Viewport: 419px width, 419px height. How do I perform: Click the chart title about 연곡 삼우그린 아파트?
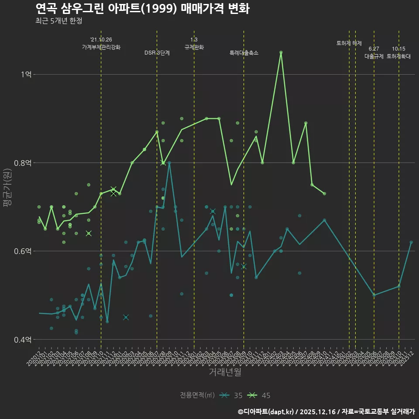142,9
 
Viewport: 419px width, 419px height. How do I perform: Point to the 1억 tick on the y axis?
27,74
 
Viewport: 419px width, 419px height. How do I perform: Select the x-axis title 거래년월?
225,372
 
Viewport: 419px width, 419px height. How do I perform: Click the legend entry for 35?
231,395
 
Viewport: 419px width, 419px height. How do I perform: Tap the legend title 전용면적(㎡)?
197,395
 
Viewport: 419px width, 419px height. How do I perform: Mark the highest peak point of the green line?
281,52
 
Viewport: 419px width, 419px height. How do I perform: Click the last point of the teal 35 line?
411,242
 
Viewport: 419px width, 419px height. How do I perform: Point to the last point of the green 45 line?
324,194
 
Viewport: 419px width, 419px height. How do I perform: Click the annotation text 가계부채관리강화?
101,47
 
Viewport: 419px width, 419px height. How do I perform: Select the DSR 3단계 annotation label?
157,53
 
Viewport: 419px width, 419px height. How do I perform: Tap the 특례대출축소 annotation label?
244,53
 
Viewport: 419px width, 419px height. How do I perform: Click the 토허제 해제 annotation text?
349,43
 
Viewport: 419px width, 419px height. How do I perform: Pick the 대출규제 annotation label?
374,56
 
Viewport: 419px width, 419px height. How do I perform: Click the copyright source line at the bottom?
326,411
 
